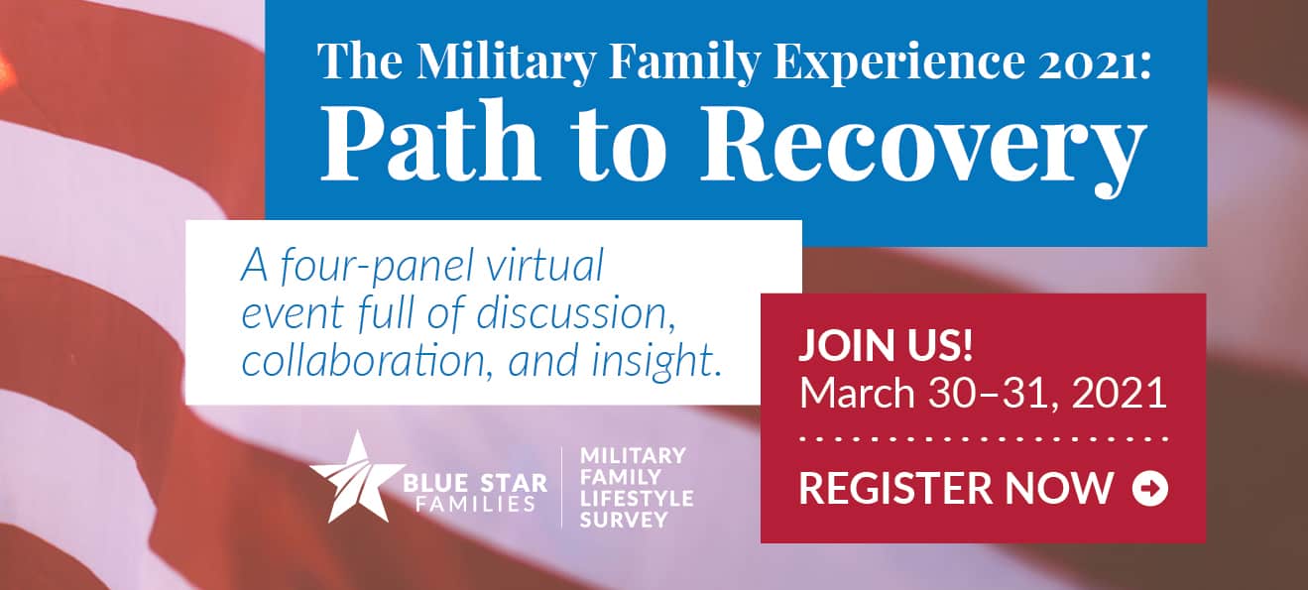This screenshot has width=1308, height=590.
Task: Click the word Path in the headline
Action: coord(429,143)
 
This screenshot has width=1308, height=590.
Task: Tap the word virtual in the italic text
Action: coord(544,265)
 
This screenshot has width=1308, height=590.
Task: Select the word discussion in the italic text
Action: coord(576,313)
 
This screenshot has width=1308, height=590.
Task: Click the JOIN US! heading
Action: coord(887,346)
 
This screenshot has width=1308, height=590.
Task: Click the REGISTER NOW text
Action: coord(956,488)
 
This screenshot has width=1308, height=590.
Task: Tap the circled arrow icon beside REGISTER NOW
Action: coord(1149,488)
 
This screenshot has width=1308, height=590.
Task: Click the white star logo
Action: coord(357,477)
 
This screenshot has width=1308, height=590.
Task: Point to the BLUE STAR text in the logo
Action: coord(475,484)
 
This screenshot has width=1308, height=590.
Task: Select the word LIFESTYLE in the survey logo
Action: coord(636,499)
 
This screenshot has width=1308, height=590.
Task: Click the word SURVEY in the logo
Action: coord(623,520)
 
